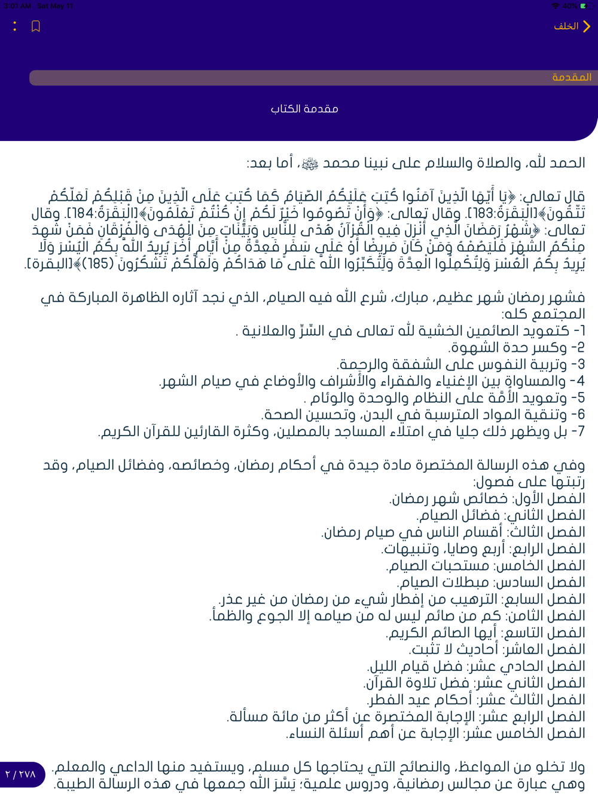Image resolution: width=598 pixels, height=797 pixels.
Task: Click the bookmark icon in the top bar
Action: [x=36, y=26]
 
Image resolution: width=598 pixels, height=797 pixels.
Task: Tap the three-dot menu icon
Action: [x=15, y=26]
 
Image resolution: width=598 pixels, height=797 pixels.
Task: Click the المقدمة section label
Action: [x=572, y=78]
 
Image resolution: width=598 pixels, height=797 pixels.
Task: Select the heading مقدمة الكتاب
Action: [x=304, y=109]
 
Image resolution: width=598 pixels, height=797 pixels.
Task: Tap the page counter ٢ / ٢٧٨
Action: [x=21, y=774]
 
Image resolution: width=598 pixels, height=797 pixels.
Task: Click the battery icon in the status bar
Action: [x=584, y=6]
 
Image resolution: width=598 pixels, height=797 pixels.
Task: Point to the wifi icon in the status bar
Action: [x=556, y=6]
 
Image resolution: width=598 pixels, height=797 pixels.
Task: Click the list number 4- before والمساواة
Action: [x=578, y=381]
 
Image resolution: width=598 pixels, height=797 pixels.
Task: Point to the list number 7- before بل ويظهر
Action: [x=578, y=431]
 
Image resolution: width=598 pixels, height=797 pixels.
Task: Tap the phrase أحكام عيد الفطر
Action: [x=419, y=700]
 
